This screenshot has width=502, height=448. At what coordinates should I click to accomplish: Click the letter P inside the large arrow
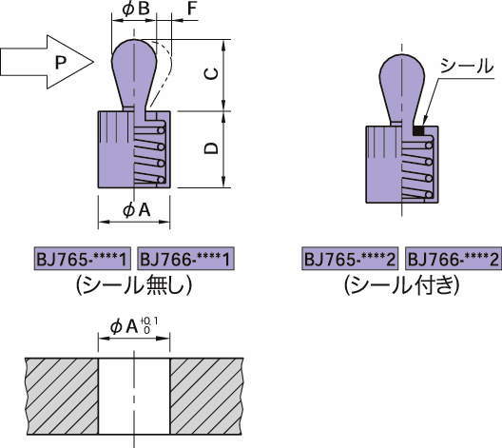click(x=61, y=62)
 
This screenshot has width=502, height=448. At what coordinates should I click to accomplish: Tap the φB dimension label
click(x=136, y=9)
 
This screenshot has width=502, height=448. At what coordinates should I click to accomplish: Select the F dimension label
click(x=191, y=9)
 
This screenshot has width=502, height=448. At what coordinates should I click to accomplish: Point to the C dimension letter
click(x=212, y=73)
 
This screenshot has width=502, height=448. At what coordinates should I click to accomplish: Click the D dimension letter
click(x=211, y=148)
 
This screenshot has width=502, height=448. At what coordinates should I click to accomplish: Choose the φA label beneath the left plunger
click(x=136, y=210)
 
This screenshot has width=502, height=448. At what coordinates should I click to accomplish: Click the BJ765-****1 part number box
click(x=83, y=259)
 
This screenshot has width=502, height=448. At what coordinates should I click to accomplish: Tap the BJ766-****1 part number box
click(x=186, y=259)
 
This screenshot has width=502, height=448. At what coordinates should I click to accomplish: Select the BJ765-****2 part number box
click(x=350, y=259)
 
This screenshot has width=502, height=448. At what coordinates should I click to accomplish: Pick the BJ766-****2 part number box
click(x=454, y=259)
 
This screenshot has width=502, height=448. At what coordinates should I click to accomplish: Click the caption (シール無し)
click(x=134, y=284)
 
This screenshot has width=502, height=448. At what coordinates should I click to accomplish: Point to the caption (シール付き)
click(x=402, y=284)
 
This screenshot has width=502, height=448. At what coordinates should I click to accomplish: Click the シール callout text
click(x=467, y=66)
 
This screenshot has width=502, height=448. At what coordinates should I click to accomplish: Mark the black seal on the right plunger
click(x=418, y=130)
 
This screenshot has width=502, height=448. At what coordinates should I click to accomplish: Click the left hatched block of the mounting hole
click(x=62, y=396)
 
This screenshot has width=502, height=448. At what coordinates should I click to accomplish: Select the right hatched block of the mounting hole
click(x=206, y=396)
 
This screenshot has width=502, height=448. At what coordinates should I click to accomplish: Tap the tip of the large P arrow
click(x=93, y=62)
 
